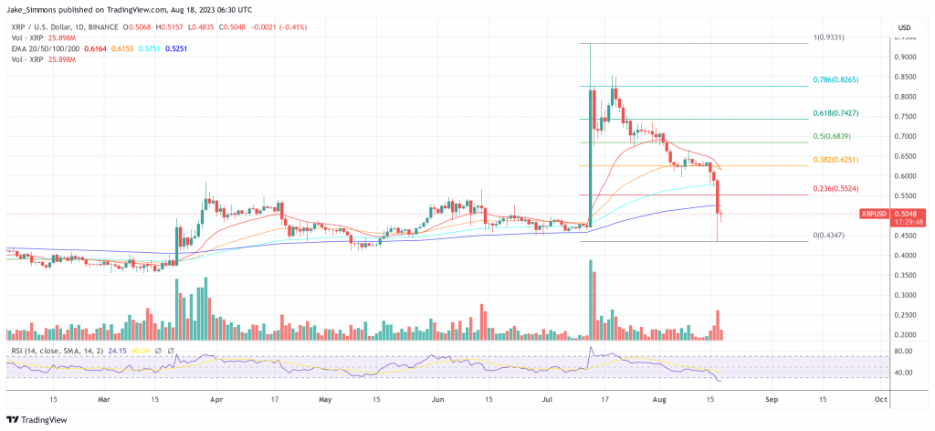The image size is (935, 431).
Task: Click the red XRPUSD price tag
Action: coord(872,214)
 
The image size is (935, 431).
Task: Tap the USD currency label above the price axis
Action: coord(906,26)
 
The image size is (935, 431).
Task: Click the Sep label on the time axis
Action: coord(772,399)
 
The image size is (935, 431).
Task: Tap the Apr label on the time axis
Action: coord(216,399)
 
